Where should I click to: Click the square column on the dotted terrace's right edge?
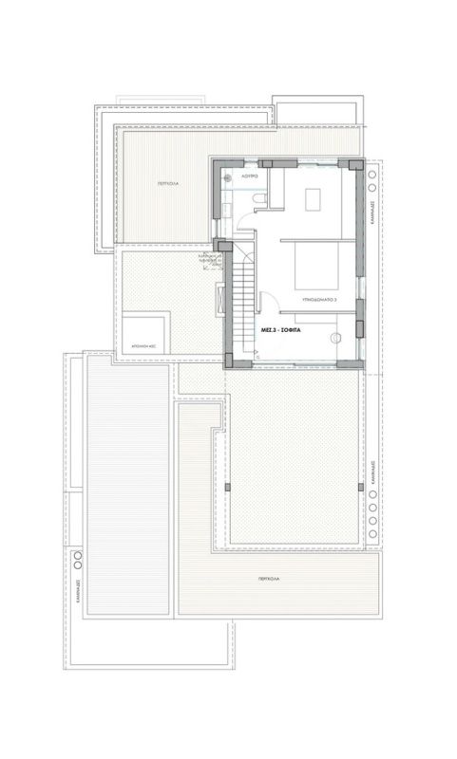(x=362, y=486)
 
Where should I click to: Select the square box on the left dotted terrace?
(x=145, y=333)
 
